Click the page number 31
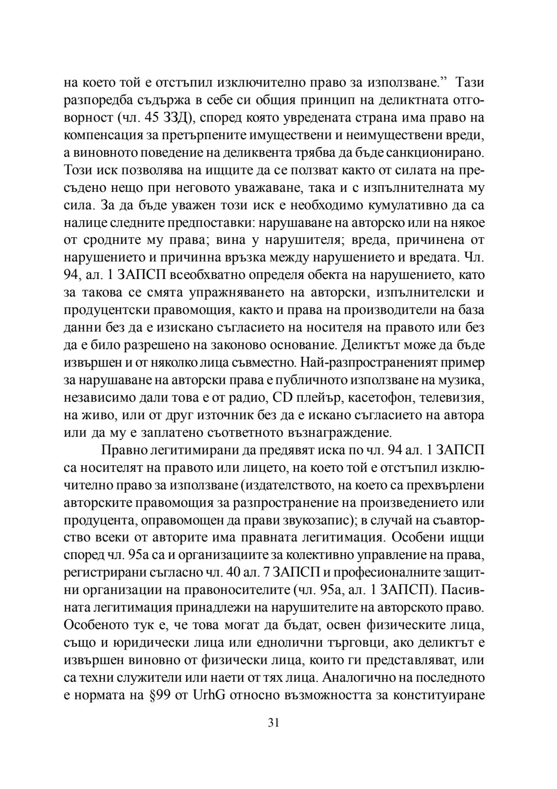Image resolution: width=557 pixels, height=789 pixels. point(273,722)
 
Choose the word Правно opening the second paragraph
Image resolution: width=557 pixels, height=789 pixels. point(122,450)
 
